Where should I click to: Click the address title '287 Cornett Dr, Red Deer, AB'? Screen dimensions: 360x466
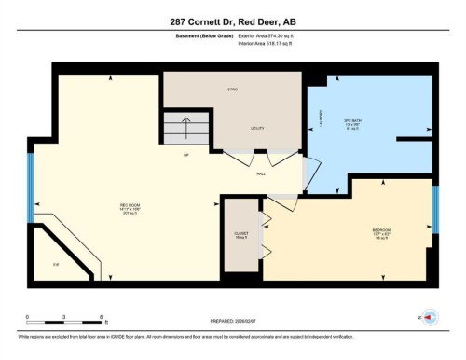click(232, 21)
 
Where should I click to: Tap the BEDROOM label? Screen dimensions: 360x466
click(381, 230)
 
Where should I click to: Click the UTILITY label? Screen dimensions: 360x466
click(259, 128)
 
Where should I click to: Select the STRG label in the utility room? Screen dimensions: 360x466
click(234, 90)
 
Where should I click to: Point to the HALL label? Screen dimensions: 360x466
click(261, 173)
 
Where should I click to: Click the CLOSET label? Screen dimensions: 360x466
click(240, 234)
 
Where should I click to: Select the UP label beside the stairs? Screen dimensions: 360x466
click(186, 155)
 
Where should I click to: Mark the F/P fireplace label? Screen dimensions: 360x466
click(56, 266)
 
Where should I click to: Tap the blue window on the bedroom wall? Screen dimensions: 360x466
click(434, 211)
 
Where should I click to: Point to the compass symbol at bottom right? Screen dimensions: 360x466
click(431, 317)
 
